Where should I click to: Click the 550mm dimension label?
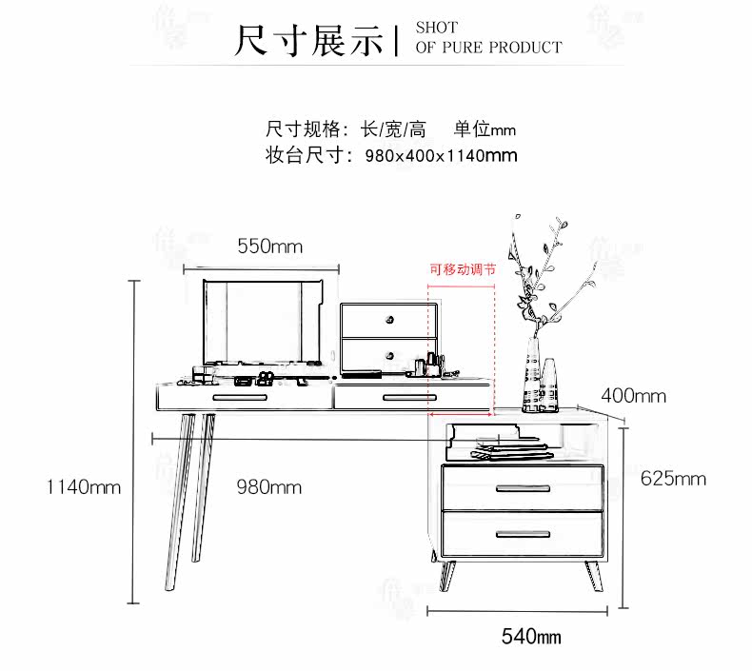270,247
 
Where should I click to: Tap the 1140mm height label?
84,487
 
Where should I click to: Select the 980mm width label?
269,487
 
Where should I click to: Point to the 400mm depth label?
634,396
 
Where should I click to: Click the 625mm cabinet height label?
673,479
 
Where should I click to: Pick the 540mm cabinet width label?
531,637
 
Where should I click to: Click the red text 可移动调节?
463,269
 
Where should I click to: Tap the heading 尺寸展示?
308,41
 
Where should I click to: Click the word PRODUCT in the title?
525,48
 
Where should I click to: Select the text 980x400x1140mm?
441,155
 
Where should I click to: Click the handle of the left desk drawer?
240,398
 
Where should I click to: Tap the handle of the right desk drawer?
409,398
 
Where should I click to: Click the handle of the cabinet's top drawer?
523,489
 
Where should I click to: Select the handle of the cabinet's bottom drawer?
523,534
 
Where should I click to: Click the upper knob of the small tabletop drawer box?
390,320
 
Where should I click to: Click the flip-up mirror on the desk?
262,323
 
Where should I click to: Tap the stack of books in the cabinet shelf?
512,450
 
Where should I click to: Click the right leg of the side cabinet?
594,576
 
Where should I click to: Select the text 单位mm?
485,129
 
